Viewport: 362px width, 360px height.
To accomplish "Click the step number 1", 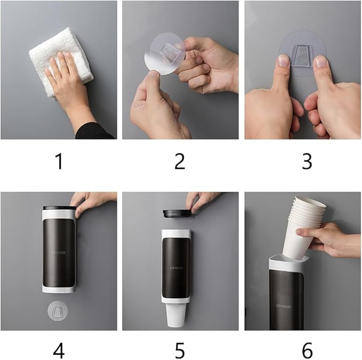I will (59, 161).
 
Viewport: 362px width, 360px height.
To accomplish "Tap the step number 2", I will (180, 161).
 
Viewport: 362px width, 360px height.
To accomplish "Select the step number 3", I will (307, 161).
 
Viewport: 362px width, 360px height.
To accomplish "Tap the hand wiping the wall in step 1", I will (67, 85).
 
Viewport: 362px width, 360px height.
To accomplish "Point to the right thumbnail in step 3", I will (320, 62).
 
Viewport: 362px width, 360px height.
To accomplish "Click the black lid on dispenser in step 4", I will (59, 209).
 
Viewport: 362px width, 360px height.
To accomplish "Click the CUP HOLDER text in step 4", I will (59, 254).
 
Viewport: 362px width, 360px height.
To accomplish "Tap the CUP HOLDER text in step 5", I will (177, 268).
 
